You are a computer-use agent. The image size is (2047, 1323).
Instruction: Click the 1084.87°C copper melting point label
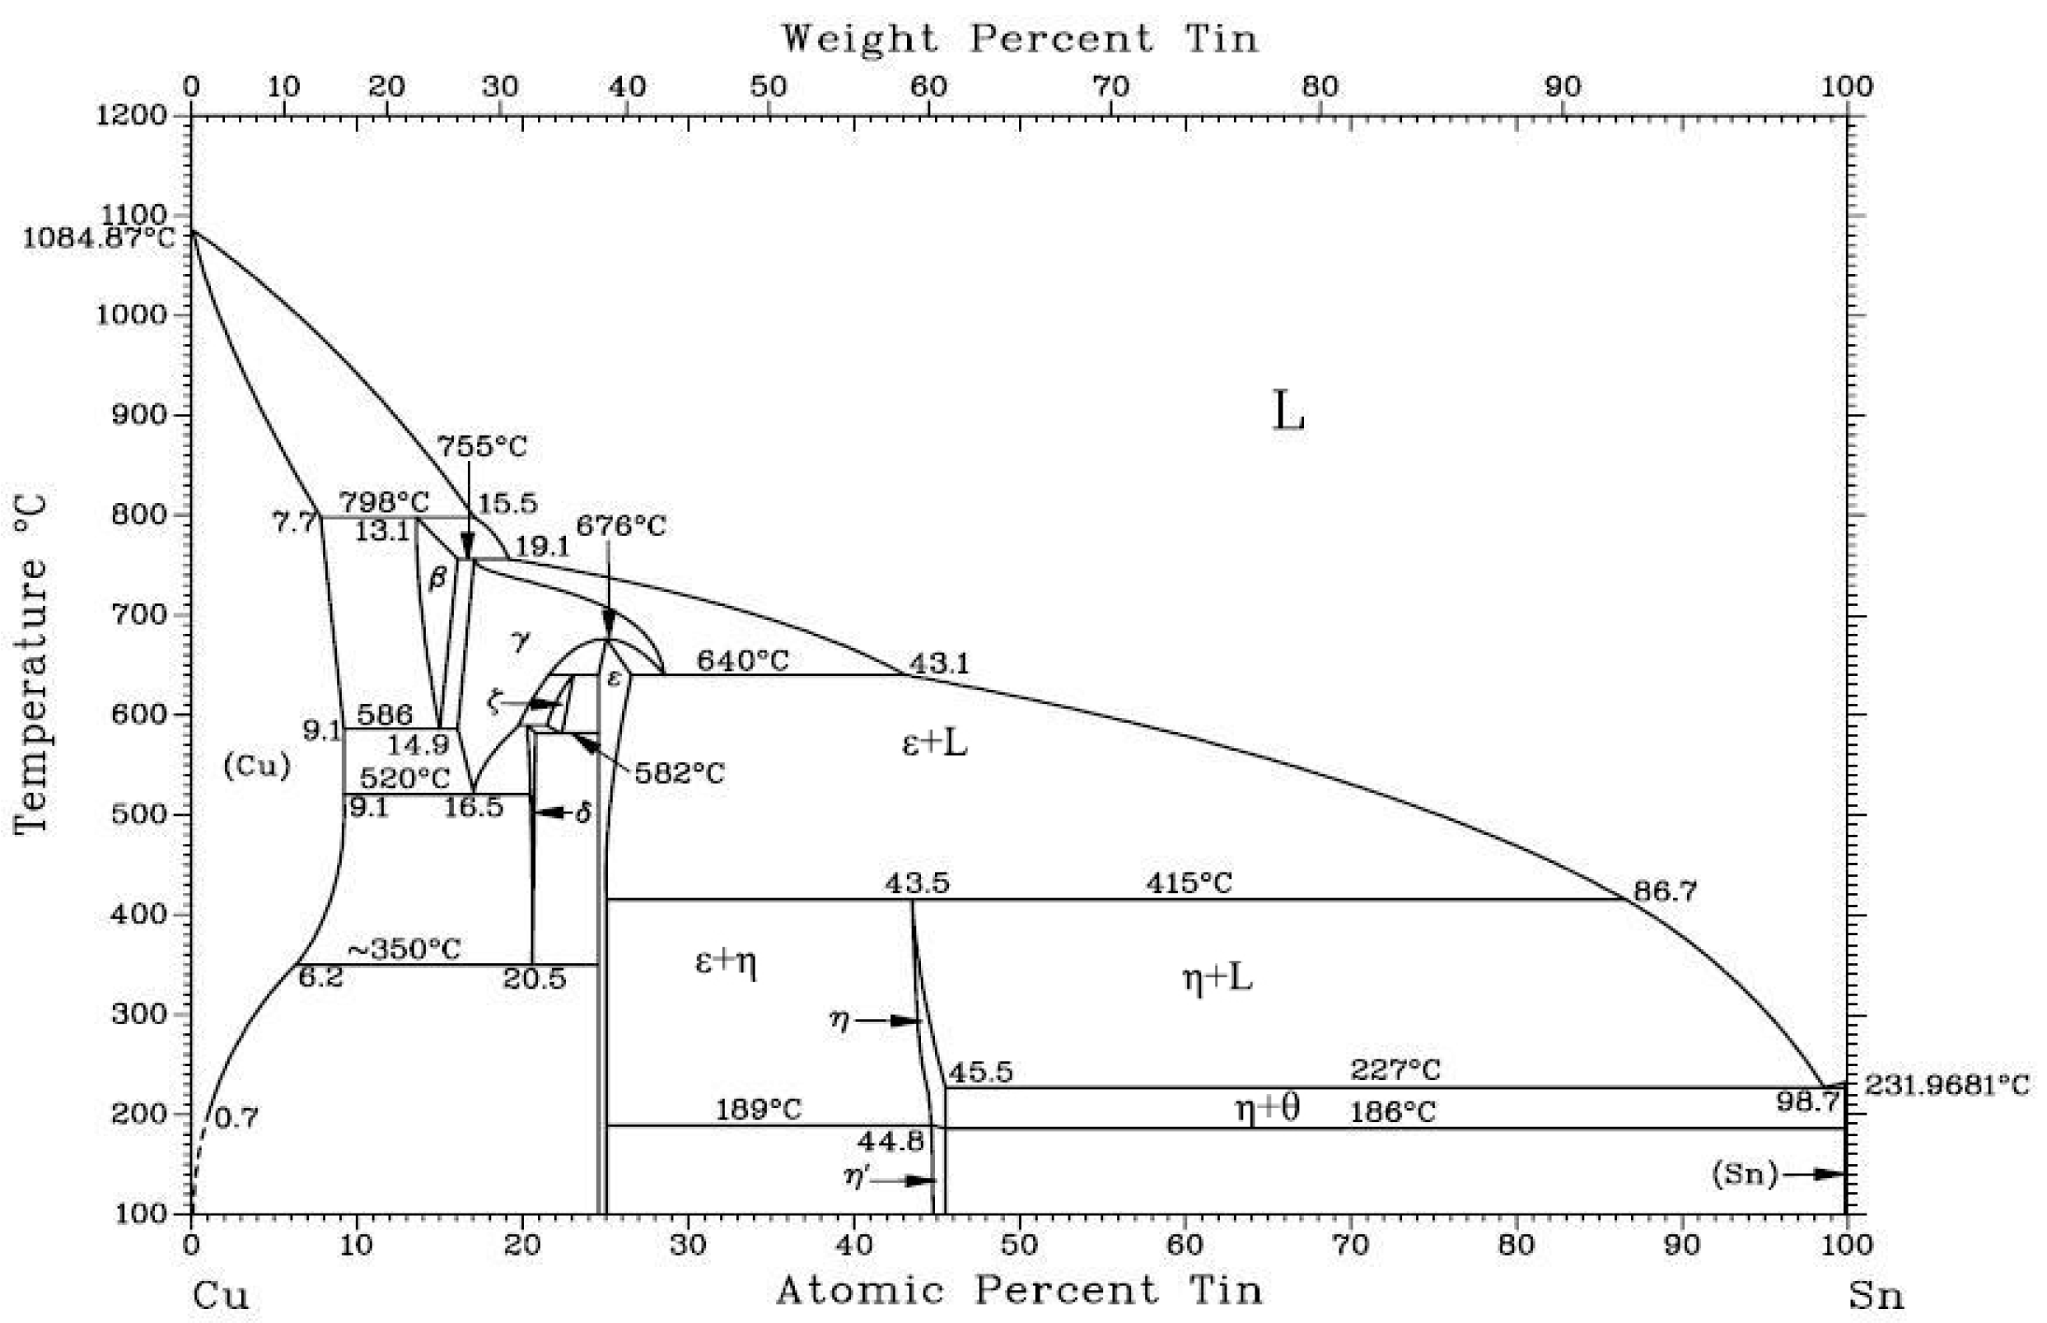tap(96, 236)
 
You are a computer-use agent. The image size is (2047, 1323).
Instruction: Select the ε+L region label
tap(934, 743)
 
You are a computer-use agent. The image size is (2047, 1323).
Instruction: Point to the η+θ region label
tap(1267, 1108)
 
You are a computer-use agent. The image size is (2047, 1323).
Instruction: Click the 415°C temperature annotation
tap(1189, 883)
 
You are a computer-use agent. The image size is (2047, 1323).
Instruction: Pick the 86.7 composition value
tap(1665, 891)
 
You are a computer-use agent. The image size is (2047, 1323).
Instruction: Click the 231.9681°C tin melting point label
tap(1947, 1085)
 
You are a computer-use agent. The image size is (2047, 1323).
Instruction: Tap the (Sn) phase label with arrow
tap(1745, 1173)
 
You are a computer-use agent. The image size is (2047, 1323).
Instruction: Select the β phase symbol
tap(437, 577)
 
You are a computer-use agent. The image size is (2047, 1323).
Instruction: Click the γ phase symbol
tap(520, 640)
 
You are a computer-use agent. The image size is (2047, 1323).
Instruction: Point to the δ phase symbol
tap(582, 813)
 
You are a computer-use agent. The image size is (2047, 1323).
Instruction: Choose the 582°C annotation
tap(679, 773)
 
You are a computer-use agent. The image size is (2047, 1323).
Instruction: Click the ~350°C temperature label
tap(404, 949)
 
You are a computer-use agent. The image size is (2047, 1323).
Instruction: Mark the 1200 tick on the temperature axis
tap(131, 115)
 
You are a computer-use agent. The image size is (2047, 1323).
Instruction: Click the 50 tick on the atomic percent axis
tap(1019, 1244)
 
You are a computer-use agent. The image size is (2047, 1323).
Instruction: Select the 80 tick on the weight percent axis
tap(1319, 86)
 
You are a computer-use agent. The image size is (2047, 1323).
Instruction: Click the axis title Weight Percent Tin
tap(1019, 39)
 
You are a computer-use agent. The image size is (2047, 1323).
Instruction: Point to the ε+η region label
tap(725, 962)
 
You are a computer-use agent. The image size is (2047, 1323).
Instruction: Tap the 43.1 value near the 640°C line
tap(938, 663)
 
